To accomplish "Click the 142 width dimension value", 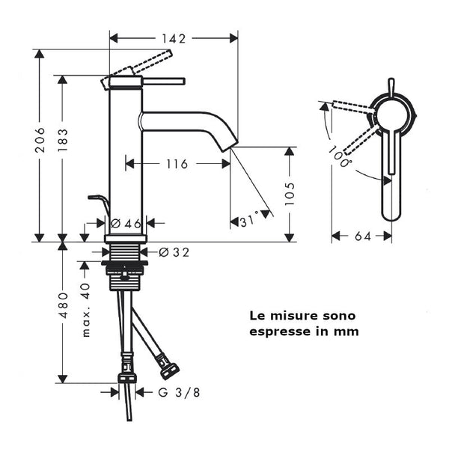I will coord(174,37).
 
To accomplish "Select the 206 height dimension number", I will coord(40,140).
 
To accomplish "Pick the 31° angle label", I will coord(249,221).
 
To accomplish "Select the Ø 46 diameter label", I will coord(125,223).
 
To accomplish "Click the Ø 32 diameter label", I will coord(174,252).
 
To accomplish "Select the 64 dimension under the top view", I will coord(362,236).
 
